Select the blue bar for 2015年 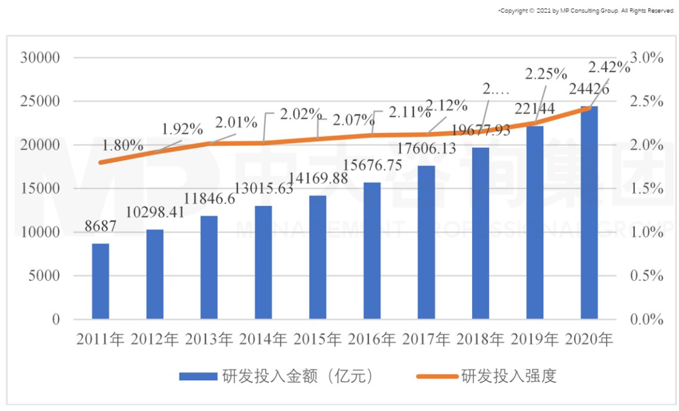click(x=317, y=257)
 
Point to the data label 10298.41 click(x=154, y=212)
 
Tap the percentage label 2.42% click(x=609, y=67)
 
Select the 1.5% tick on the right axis click(x=647, y=189)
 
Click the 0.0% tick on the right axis click(x=647, y=319)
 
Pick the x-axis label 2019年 click(x=534, y=339)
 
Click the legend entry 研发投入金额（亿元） click(x=277, y=376)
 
